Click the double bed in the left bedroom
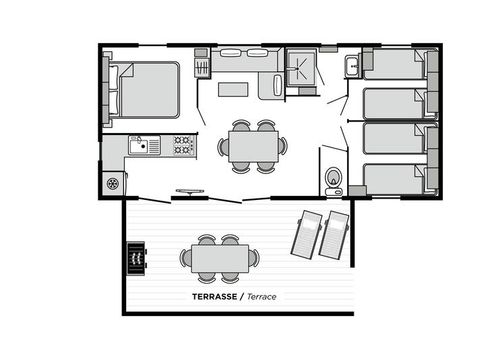tap(145, 90)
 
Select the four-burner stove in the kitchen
tap(182, 145)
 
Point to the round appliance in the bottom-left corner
tap(113, 184)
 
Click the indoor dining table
tap(252, 146)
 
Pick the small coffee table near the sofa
tap(233, 89)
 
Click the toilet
tap(333, 178)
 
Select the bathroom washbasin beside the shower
tap(352, 67)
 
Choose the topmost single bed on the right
tap(395, 66)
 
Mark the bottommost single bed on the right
tap(395, 178)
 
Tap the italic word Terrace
tap(262, 297)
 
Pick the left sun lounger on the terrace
tap(306, 234)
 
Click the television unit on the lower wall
tap(189, 190)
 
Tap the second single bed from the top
tap(395, 103)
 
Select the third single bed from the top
tap(395, 140)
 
